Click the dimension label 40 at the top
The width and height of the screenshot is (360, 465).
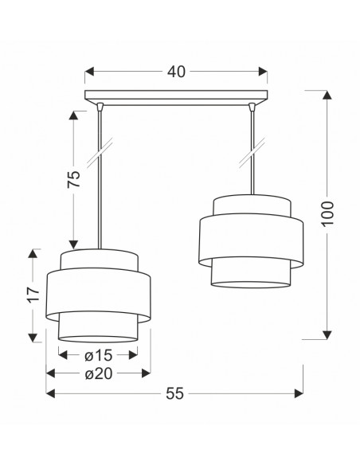[176, 72]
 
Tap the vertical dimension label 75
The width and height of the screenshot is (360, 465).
[74, 179]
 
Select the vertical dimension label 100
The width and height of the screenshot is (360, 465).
[327, 213]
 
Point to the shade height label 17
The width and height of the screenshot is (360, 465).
[33, 294]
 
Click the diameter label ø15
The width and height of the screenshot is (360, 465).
[99, 355]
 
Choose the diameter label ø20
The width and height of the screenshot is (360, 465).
[99, 373]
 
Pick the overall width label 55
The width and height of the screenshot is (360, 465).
[174, 393]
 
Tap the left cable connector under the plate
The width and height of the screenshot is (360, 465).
[100, 107]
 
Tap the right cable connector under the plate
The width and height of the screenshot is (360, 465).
[252, 107]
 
